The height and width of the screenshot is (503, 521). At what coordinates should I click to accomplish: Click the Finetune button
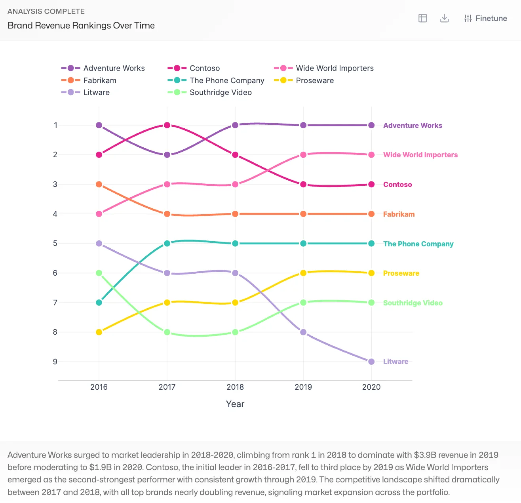tap(485, 18)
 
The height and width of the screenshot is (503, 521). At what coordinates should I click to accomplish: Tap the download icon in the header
tap(445, 18)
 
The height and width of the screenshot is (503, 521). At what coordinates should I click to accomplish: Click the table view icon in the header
tap(423, 18)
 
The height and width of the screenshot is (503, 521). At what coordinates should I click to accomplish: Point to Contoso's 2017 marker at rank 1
tap(167, 125)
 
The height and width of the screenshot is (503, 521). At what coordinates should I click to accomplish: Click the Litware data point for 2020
tap(371, 362)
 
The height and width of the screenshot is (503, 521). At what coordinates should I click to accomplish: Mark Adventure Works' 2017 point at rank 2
tap(167, 155)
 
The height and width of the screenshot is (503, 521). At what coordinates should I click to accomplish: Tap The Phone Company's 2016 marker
tap(99, 303)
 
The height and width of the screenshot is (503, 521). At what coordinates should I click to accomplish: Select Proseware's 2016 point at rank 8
tap(99, 332)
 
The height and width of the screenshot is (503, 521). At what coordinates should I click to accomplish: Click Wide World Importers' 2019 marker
tap(303, 155)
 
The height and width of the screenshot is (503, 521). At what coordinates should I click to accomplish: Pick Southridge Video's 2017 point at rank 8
tap(167, 332)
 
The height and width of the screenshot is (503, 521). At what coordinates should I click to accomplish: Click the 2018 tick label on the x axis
tap(235, 387)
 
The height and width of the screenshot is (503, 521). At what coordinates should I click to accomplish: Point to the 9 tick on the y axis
tap(55, 362)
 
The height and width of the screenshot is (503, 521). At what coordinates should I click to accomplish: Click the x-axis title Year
tap(235, 404)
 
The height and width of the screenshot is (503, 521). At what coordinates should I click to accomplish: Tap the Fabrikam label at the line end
tap(399, 214)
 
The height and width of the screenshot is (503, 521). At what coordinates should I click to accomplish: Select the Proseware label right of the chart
tap(401, 273)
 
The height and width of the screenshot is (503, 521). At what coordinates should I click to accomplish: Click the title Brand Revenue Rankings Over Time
tap(81, 25)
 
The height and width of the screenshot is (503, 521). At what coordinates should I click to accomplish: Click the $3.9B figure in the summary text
tap(425, 455)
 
